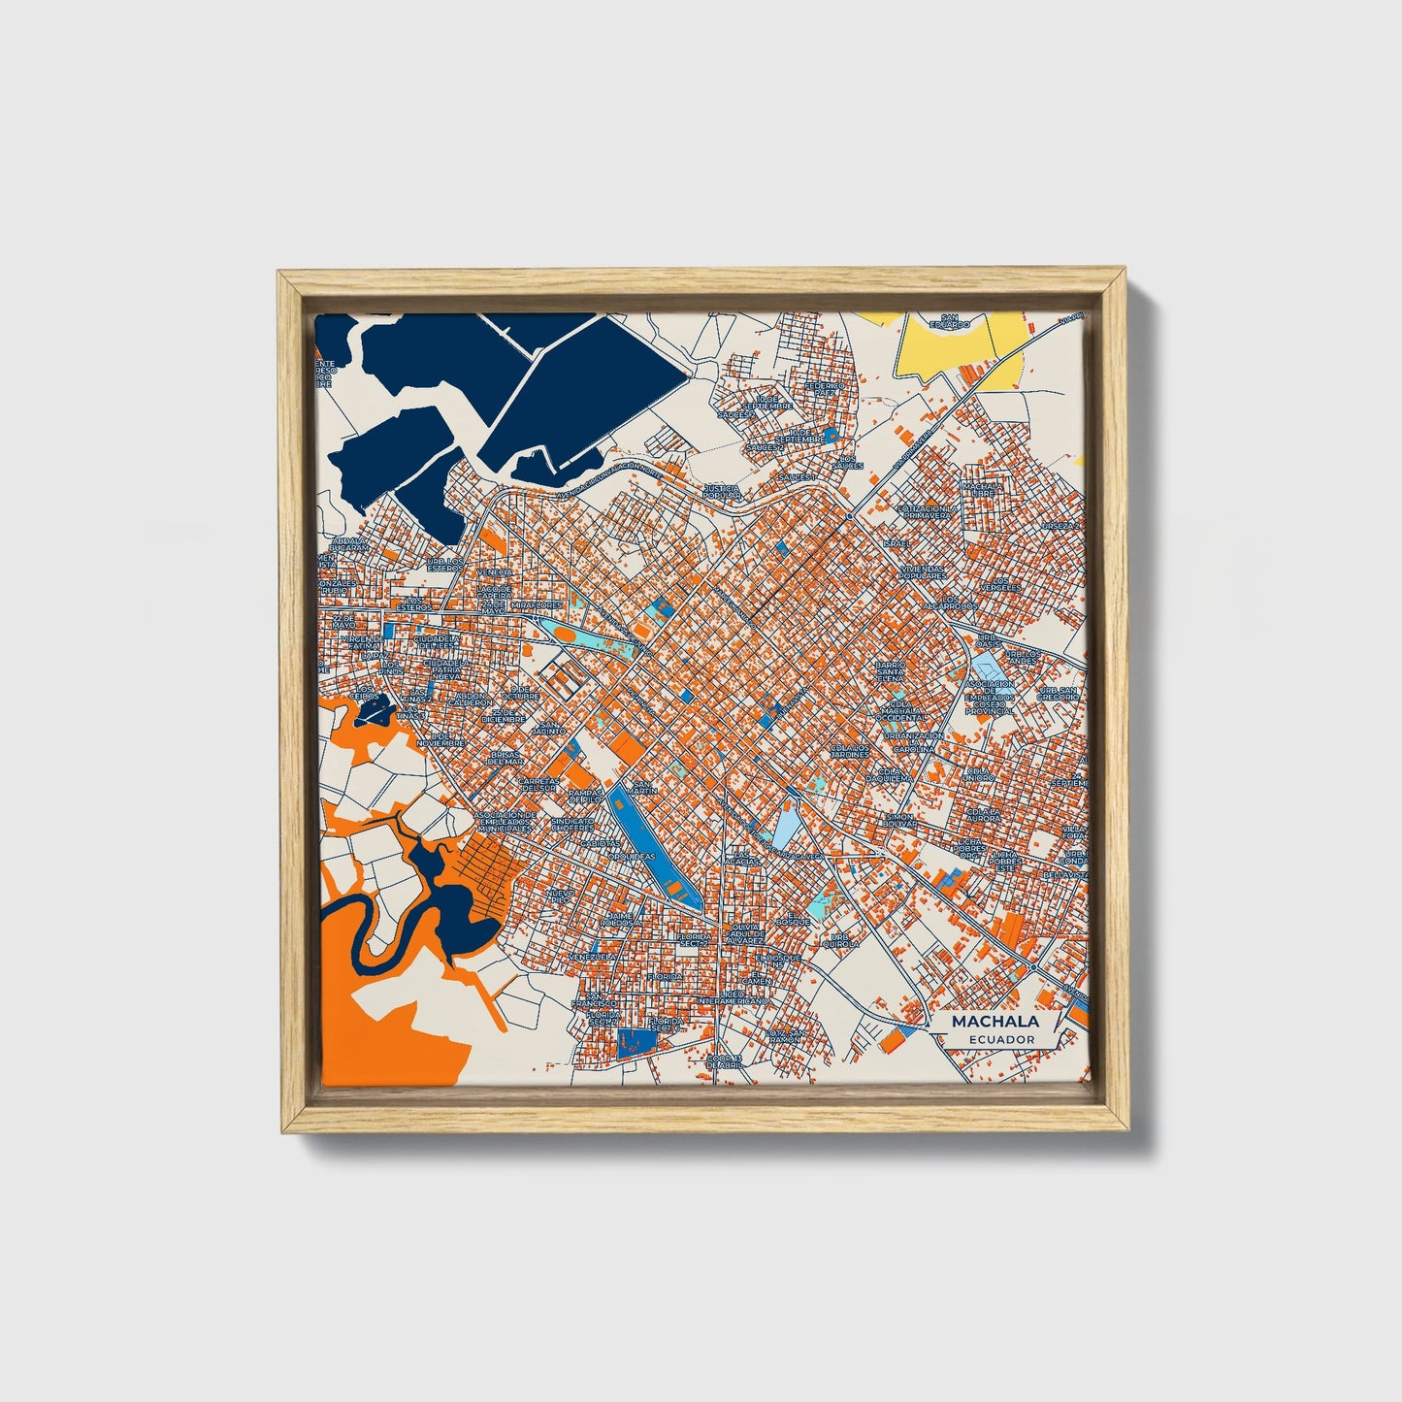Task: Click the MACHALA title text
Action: pos(994,1021)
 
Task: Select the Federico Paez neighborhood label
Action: pos(825,390)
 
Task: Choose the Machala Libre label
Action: pos(981,490)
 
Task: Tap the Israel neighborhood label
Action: pos(897,543)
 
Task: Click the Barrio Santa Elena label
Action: pos(890,671)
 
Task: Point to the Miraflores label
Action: pos(537,604)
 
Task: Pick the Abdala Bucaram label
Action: pos(349,544)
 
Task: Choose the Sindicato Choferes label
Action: pos(572,825)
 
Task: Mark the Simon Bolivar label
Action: pos(899,822)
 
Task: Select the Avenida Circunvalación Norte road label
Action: pos(609,482)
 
